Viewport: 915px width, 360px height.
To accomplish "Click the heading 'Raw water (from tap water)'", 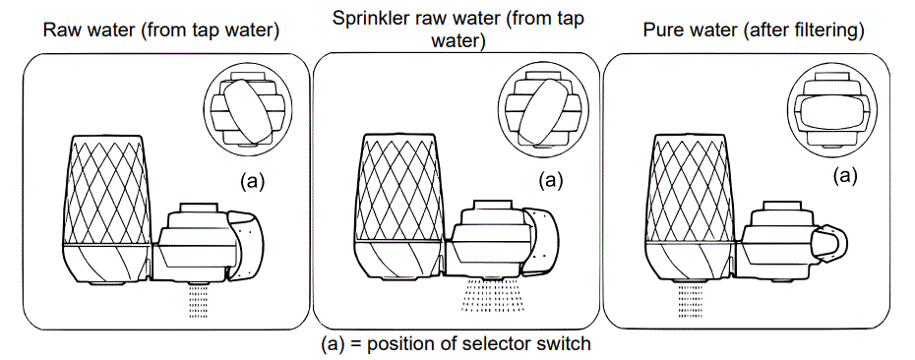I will point(160,30).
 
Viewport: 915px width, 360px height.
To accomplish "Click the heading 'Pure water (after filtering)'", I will point(753,30).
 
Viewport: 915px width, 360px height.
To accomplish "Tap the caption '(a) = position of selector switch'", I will point(456,345).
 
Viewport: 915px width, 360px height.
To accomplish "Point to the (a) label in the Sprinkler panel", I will point(552,180).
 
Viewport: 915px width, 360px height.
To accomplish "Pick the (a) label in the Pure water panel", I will point(845,177).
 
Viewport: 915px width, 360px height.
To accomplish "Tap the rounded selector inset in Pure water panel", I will point(833,108).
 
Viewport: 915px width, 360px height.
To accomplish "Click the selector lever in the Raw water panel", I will point(250,242).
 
